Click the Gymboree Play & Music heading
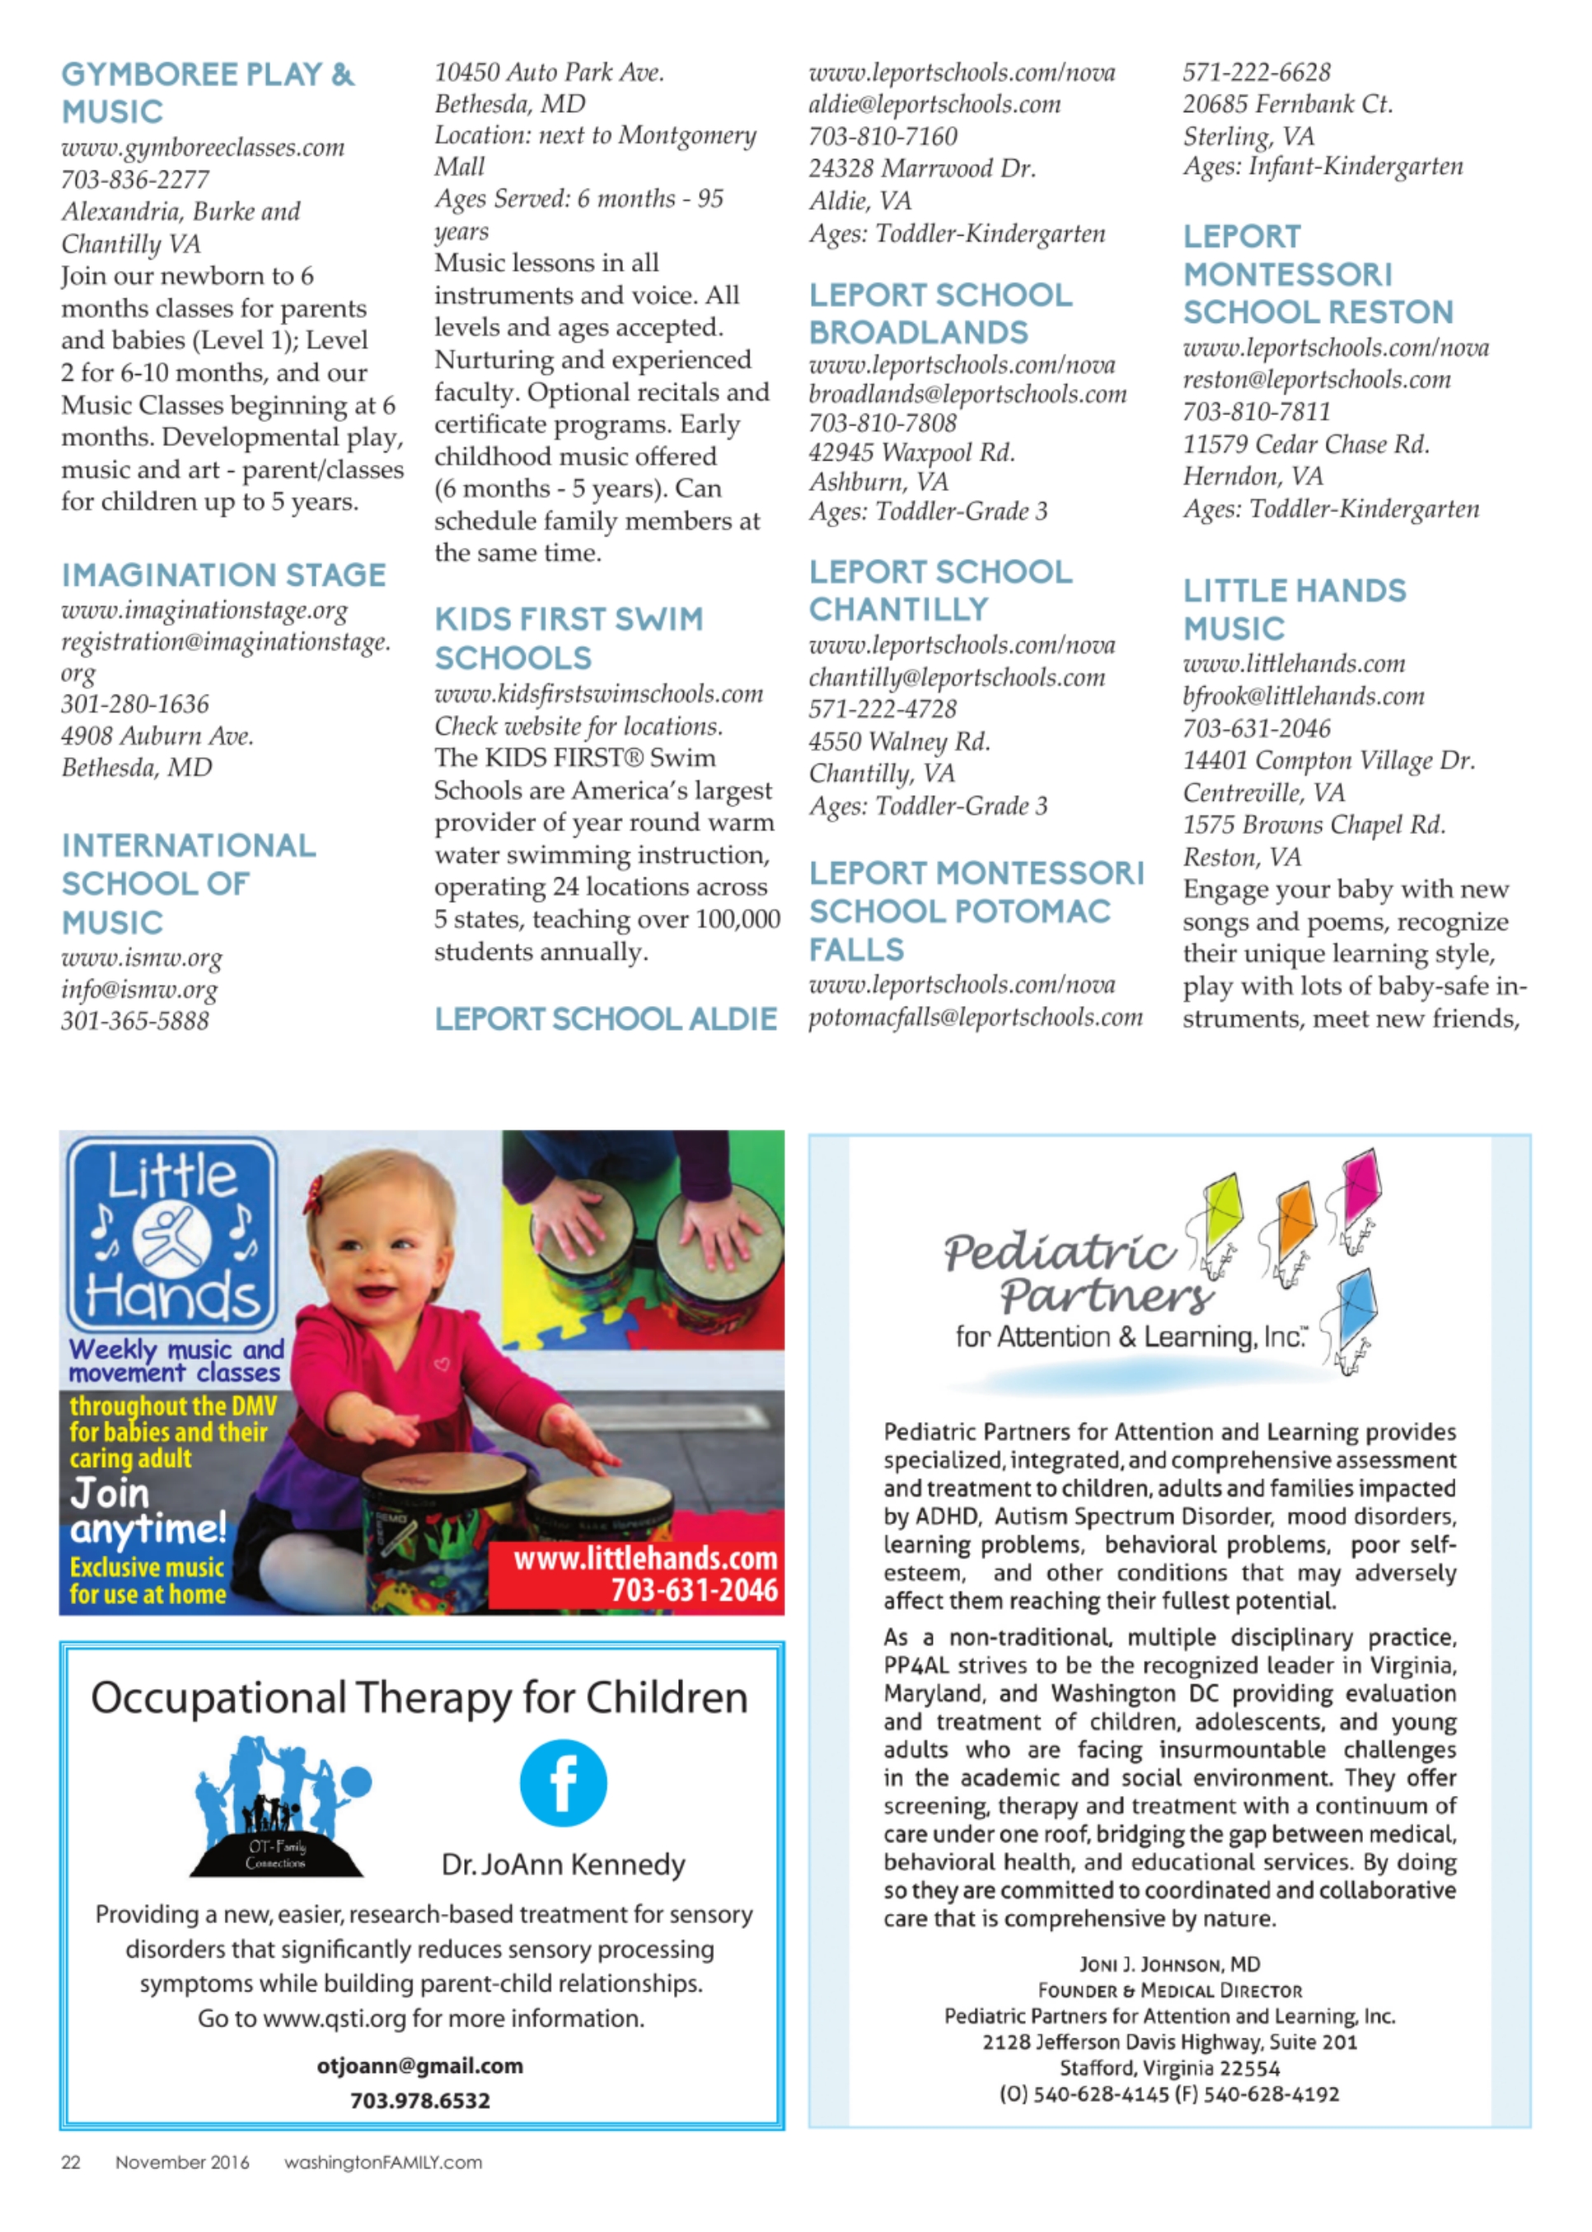pyautogui.click(x=208, y=93)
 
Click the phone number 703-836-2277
pyautogui.click(x=135, y=180)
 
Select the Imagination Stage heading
pyautogui.click(x=223, y=574)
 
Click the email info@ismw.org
pyautogui.click(x=139, y=989)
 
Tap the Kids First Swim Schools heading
pyautogui.click(x=569, y=639)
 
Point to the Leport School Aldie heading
pyautogui.click(x=606, y=1019)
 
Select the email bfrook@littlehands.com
pyautogui.click(x=1303, y=696)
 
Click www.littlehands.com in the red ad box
pyautogui.click(x=645, y=1559)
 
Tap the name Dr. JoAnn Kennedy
pyautogui.click(x=563, y=1865)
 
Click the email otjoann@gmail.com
pyautogui.click(x=419, y=2066)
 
